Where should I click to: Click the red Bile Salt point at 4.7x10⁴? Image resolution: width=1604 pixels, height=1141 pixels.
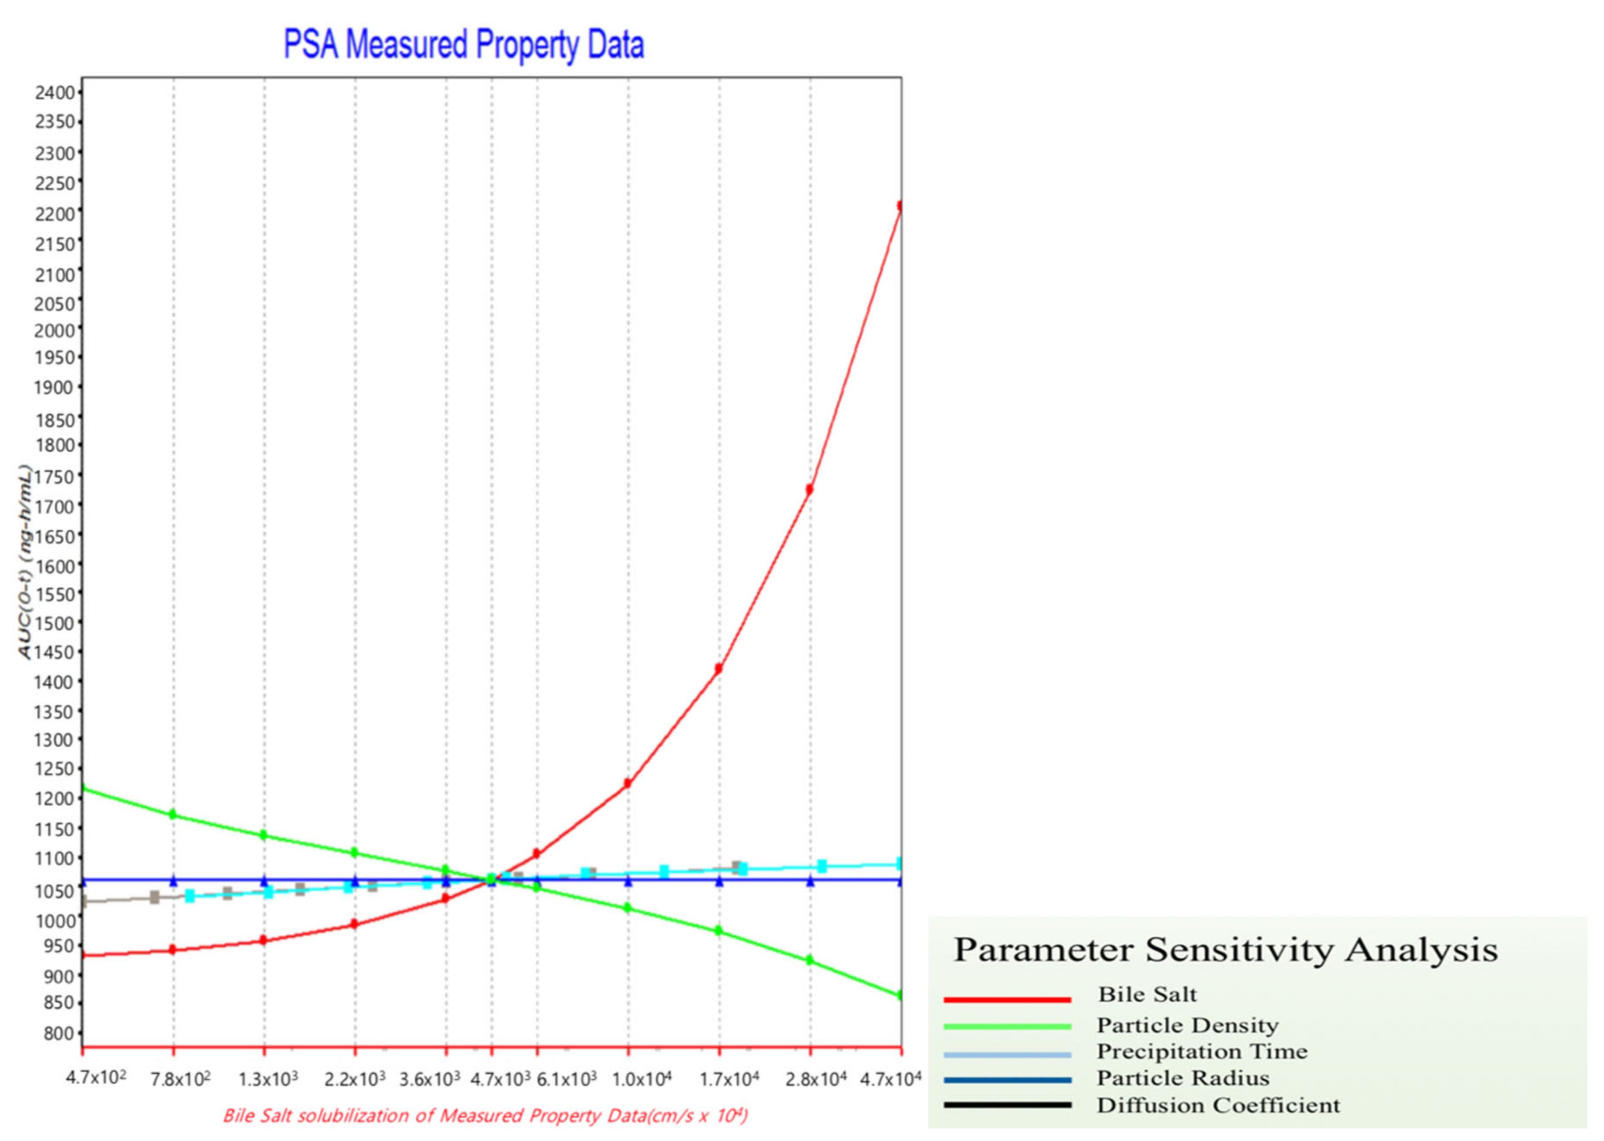[x=900, y=206]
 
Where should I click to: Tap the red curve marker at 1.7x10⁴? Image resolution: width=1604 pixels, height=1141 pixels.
[x=719, y=669]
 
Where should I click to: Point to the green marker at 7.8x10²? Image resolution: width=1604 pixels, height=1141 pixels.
[x=173, y=814]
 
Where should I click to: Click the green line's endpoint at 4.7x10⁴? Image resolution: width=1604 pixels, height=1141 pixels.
[x=900, y=995]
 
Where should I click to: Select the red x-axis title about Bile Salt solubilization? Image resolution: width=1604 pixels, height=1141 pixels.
[x=484, y=1116]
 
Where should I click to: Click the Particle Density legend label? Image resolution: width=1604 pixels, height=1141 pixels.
[x=1187, y=1025]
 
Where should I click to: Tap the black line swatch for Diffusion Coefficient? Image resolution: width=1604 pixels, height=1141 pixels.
[x=1007, y=1105]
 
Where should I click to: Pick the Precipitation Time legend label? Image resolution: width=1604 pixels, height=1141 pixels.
[x=1202, y=1051]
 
